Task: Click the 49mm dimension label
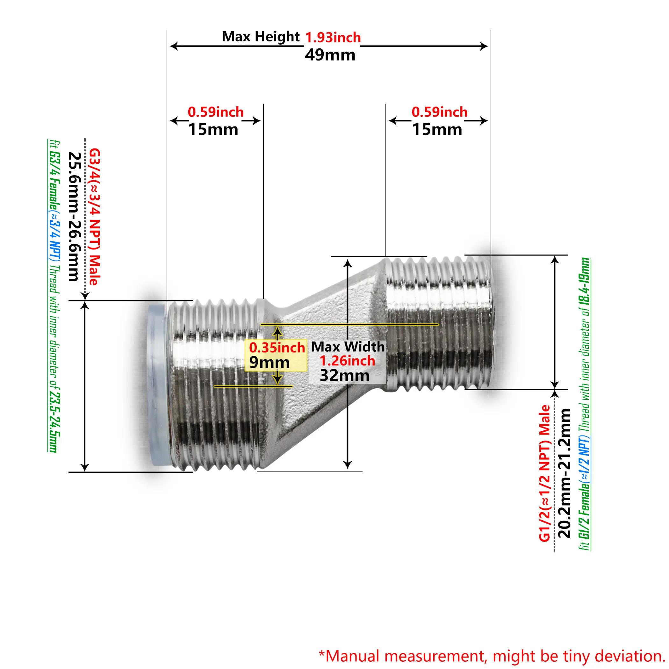tap(330, 55)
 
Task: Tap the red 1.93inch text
tap(333, 37)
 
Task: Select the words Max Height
tap(261, 36)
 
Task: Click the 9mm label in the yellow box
tap(269, 362)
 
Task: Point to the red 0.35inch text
tap(277, 347)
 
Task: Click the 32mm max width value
tap(345, 376)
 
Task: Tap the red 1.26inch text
tap(347, 361)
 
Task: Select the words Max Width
tap(348, 347)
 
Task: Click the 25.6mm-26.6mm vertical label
tap(74, 216)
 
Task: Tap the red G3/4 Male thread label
tap(94, 217)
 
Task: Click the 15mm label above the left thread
tap(213, 130)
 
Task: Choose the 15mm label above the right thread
tap(437, 130)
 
